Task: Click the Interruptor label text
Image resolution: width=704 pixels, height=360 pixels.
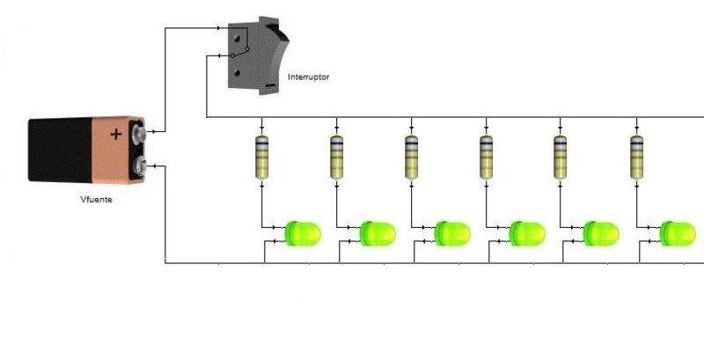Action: click(x=308, y=77)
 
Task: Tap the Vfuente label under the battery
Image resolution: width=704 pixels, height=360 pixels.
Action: click(x=96, y=199)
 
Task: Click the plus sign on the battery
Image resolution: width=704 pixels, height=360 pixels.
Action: click(x=116, y=134)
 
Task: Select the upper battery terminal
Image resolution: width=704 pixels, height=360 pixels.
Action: click(x=140, y=133)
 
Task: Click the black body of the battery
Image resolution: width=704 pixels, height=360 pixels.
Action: click(x=60, y=150)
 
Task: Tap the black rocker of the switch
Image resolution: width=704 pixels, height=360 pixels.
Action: click(x=277, y=33)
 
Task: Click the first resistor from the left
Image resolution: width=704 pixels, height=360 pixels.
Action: click(x=261, y=157)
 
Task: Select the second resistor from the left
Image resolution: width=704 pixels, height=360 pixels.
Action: click(x=337, y=157)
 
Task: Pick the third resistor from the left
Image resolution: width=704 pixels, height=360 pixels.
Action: click(x=411, y=157)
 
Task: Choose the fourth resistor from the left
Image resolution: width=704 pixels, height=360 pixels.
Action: click(x=487, y=157)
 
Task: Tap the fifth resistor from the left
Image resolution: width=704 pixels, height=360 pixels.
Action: click(x=560, y=157)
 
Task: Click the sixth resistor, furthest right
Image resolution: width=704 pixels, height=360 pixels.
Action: click(x=636, y=157)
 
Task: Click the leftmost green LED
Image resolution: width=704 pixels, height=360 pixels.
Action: click(x=303, y=233)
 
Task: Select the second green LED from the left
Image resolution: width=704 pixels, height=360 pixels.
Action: click(x=378, y=233)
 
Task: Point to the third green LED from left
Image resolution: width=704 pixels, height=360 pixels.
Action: click(x=452, y=233)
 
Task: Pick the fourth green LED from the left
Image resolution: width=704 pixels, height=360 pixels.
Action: click(x=527, y=233)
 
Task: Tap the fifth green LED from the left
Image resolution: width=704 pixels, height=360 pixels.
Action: click(x=601, y=233)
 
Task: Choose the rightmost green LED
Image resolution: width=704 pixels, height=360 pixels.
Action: click(x=678, y=233)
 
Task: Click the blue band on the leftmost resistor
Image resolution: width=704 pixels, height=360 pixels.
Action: click(x=261, y=143)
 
